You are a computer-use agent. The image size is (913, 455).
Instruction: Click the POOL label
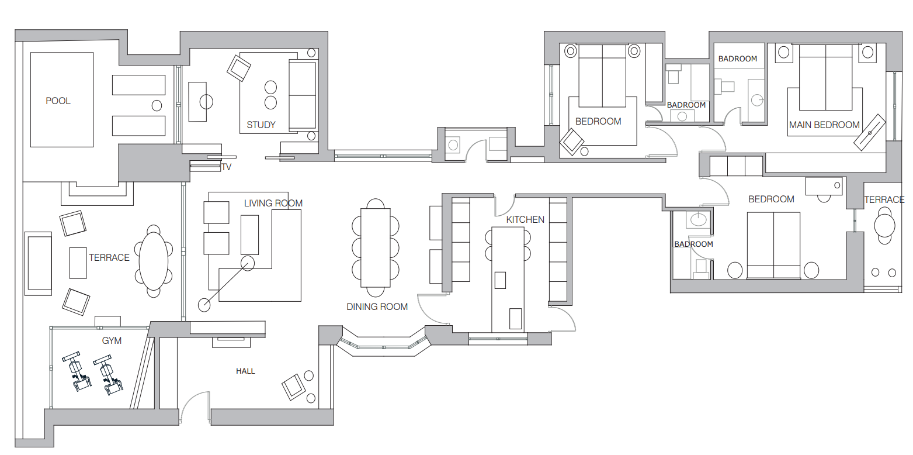click(x=58, y=101)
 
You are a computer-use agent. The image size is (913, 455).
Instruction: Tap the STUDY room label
click(x=261, y=125)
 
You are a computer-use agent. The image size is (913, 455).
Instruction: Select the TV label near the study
click(x=226, y=167)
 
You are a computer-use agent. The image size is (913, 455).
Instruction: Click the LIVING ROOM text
click(x=273, y=203)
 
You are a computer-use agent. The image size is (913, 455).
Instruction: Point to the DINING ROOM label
click(x=377, y=307)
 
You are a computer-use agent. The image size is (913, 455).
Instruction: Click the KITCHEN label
click(x=525, y=219)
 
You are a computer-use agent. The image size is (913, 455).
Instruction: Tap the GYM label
click(x=112, y=341)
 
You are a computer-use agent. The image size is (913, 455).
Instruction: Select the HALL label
click(x=245, y=371)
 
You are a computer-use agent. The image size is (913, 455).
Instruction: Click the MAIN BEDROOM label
click(x=824, y=125)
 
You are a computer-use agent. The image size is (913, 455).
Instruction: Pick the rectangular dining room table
click(x=376, y=248)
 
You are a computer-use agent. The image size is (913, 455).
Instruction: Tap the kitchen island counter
click(x=508, y=280)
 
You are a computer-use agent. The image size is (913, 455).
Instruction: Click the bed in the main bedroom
click(x=826, y=78)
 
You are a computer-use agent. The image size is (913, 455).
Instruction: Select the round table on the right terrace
click(x=884, y=225)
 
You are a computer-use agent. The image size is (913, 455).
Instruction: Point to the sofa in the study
click(x=303, y=95)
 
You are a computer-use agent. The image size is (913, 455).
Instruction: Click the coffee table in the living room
click(x=249, y=235)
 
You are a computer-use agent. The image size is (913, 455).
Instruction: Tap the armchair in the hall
click(x=293, y=387)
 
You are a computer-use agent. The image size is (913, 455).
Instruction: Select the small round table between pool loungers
click(x=157, y=106)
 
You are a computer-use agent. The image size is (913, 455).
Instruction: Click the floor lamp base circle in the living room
click(x=204, y=305)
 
